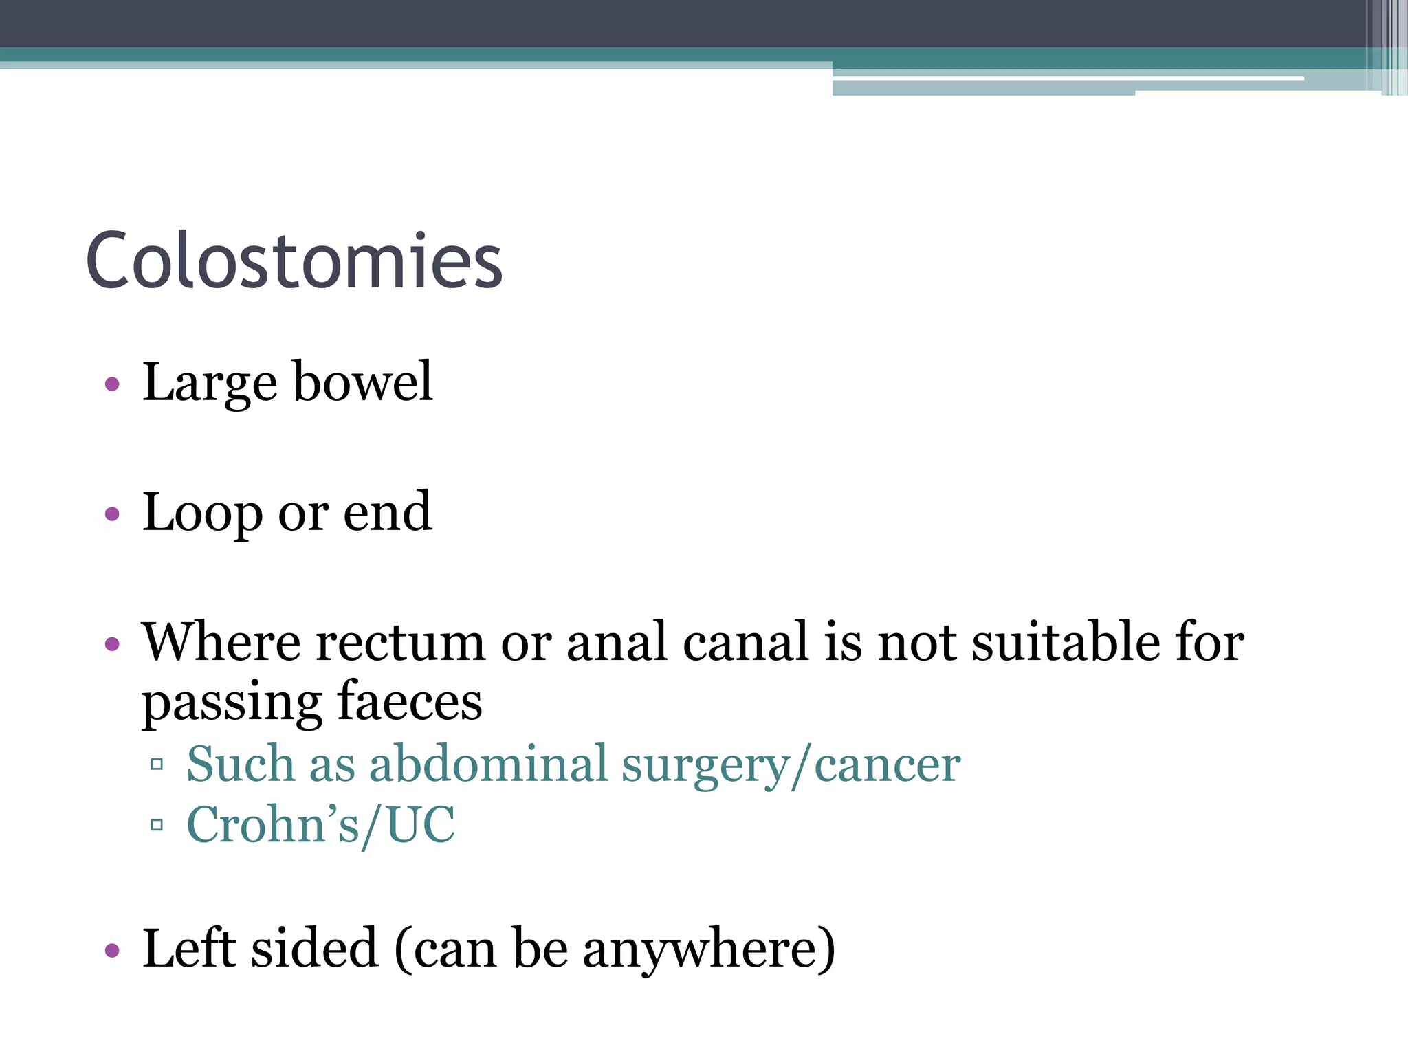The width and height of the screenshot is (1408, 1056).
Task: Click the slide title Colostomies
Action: pyautogui.click(x=294, y=261)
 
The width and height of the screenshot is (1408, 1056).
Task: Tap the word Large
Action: pyautogui.click(x=209, y=382)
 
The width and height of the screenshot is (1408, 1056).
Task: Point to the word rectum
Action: pyautogui.click(x=400, y=642)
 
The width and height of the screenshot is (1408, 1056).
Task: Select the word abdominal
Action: pyautogui.click(x=488, y=764)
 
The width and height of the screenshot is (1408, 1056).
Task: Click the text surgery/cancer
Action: pyautogui.click(x=791, y=765)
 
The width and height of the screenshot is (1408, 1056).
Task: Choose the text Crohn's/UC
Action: pyautogui.click(x=320, y=824)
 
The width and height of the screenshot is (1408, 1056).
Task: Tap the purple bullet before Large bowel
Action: pyautogui.click(x=112, y=384)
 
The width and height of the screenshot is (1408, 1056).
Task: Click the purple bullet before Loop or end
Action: pyautogui.click(x=112, y=514)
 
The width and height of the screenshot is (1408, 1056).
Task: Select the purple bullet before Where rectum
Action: pyautogui.click(x=112, y=644)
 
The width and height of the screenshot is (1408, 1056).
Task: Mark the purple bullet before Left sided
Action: pyautogui.click(x=112, y=951)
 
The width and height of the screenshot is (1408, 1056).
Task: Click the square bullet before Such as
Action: pyautogui.click(x=157, y=764)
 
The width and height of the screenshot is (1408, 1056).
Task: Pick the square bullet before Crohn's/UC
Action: pyautogui.click(x=157, y=824)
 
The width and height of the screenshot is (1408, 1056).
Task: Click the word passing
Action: pyautogui.click(x=231, y=703)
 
